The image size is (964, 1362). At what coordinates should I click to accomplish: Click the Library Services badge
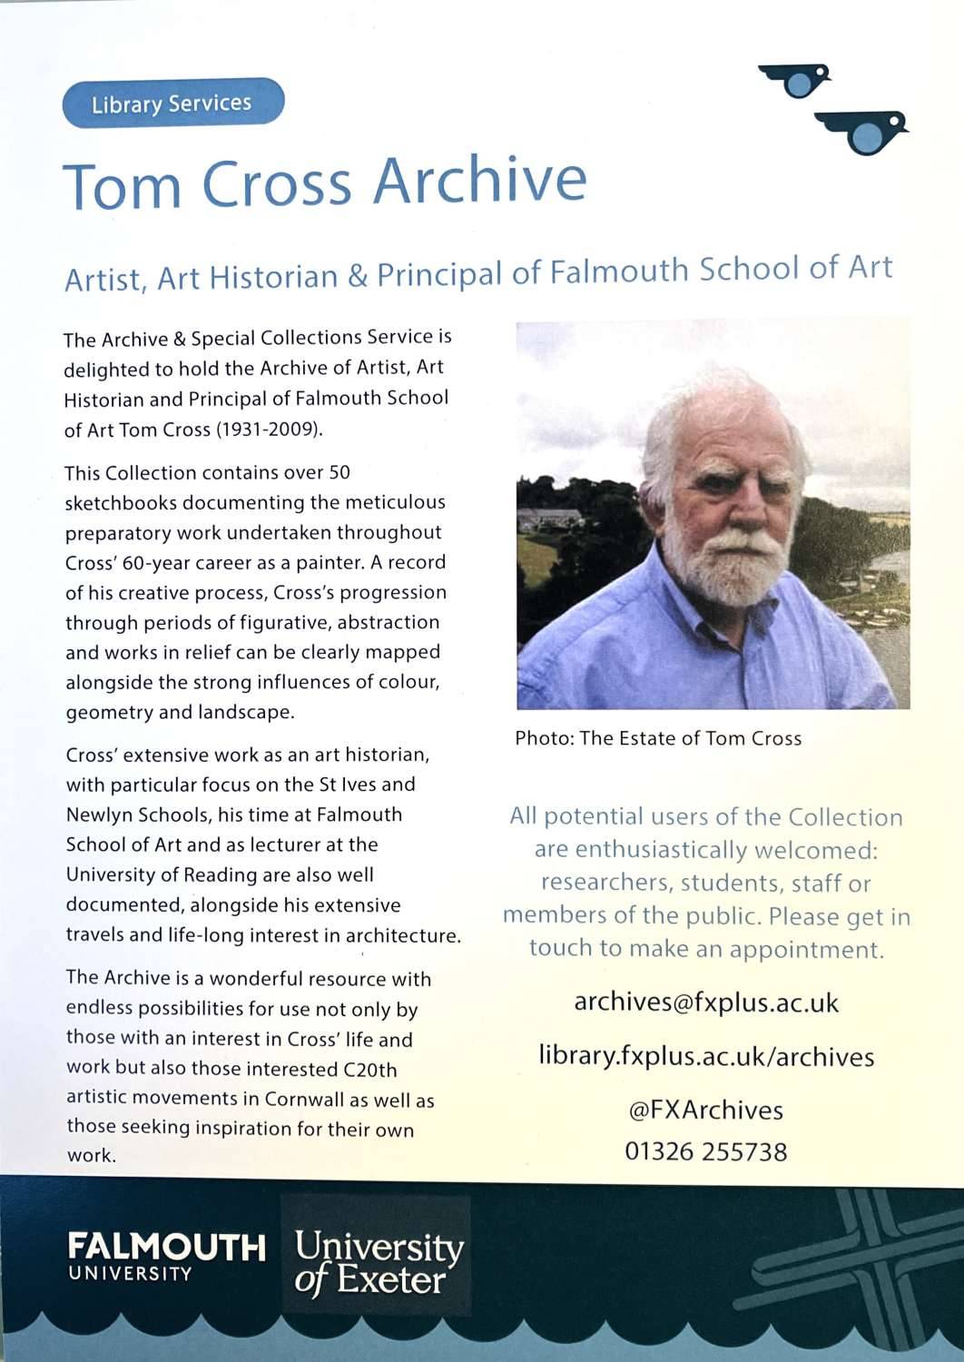(x=172, y=104)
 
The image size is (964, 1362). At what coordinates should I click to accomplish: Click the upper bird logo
(x=798, y=80)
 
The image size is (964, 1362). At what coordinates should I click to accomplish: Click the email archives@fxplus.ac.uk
(x=706, y=1003)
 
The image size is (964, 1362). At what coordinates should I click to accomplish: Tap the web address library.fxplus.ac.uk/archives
(x=706, y=1056)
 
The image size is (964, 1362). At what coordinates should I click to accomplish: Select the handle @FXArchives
(x=706, y=1110)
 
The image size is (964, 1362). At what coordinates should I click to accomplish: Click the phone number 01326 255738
(x=706, y=1152)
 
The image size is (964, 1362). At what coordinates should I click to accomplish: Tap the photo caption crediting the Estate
(x=658, y=738)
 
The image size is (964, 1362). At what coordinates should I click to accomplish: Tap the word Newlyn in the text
(x=99, y=814)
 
